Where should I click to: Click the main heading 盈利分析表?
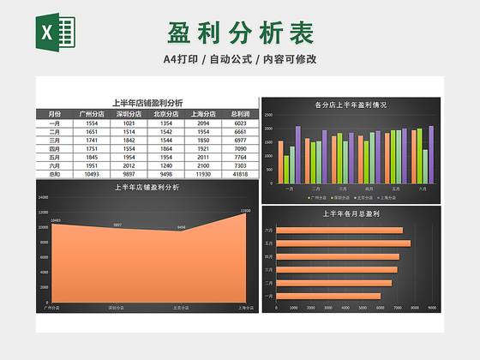click(240, 33)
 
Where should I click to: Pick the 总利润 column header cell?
click(240, 113)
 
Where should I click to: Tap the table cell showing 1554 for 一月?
click(92, 123)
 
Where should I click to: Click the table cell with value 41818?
click(240, 174)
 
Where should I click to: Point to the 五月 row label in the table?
click(55, 157)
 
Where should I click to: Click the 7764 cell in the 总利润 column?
click(240, 157)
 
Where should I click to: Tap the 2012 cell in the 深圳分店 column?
click(129, 165)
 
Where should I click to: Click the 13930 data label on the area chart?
click(245, 210)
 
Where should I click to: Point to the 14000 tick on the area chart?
click(44, 197)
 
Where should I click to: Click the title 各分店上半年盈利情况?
click(351, 105)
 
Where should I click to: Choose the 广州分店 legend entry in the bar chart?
click(315, 196)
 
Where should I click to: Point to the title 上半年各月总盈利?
click(351, 213)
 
